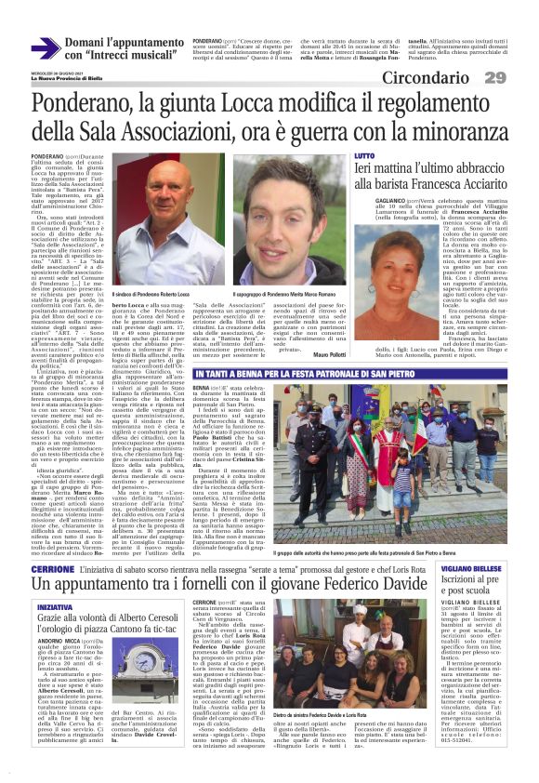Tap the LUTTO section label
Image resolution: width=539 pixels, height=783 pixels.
point(365,155)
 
